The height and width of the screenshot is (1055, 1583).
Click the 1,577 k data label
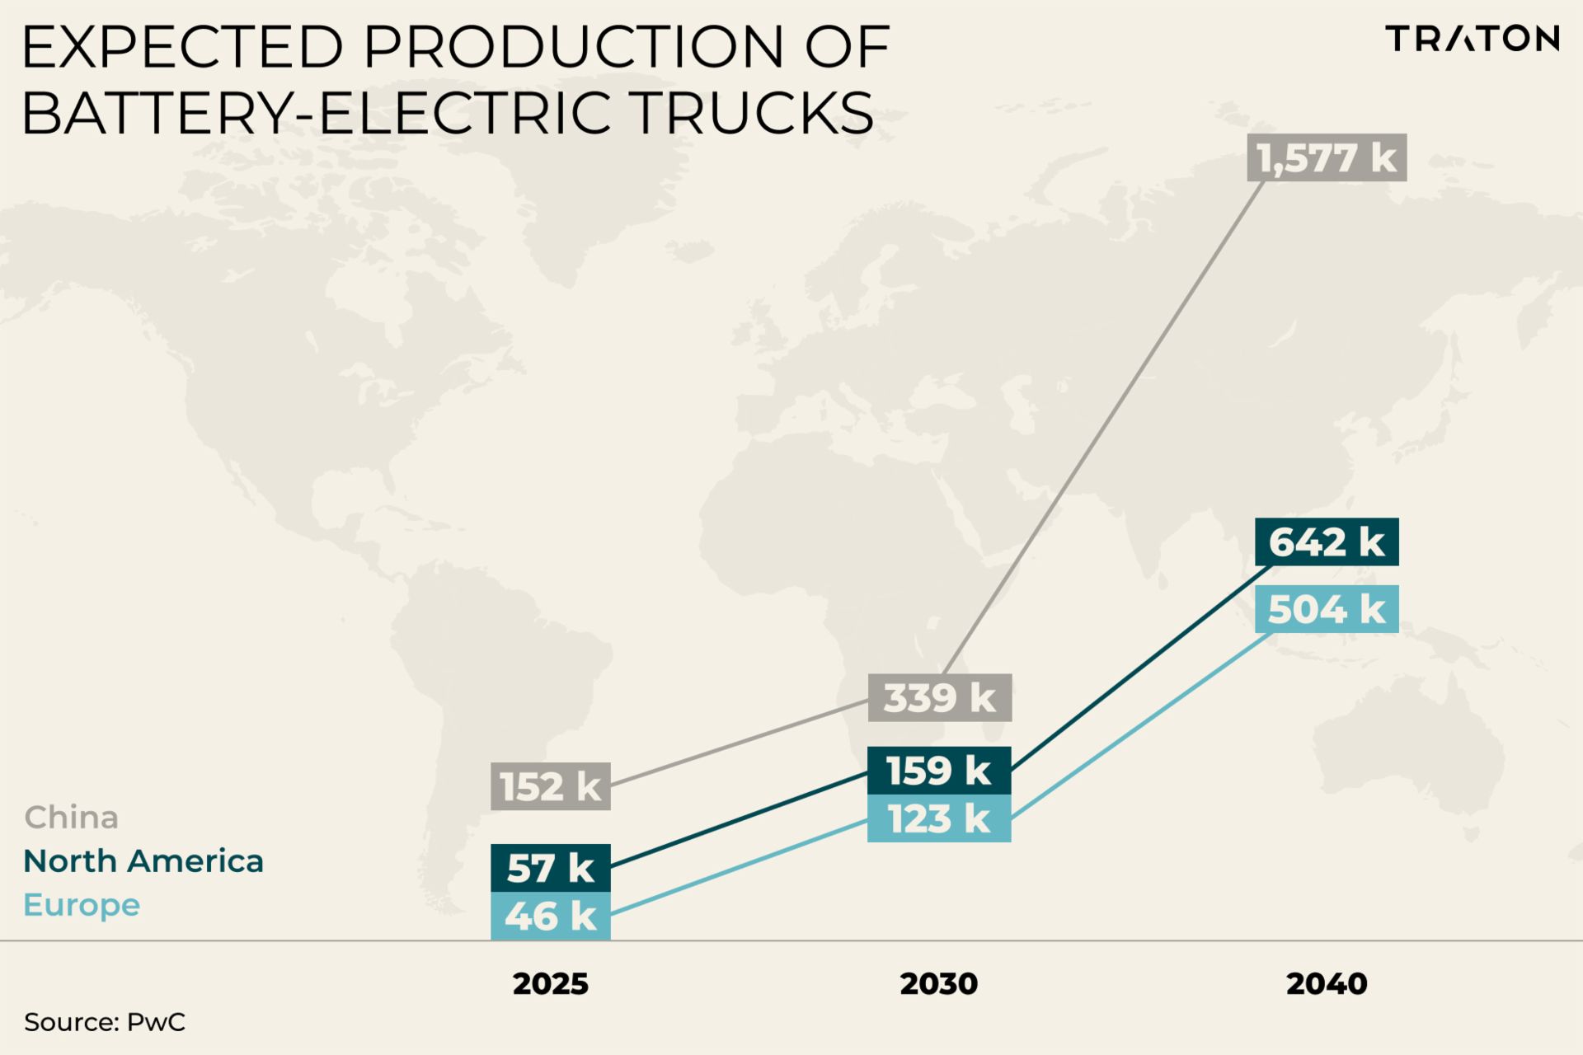tap(1327, 157)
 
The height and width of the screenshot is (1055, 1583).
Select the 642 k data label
tap(1327, 542)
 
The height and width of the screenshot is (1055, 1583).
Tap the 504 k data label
tap(1327, 609)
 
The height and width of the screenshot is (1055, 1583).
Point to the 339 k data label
tap(939, 698)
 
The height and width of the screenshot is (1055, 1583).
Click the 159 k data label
tap(939, 771)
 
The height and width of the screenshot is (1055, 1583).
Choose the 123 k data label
tap(939, 818)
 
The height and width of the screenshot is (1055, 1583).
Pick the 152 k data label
tap(551, 786)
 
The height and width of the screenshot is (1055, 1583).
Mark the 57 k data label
tap(551, 868)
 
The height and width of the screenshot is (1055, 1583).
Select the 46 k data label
tap(551, 916)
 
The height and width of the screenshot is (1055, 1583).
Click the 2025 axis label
tap(551, 983)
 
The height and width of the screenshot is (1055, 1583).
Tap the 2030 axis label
tap(939, 983)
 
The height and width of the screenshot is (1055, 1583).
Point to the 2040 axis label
tap(1327, 983)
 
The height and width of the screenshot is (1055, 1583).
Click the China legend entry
tap(72, 818)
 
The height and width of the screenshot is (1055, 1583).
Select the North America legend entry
tap(143, 861)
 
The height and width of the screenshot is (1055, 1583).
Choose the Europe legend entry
tap(82, 905)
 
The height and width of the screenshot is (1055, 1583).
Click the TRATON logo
tap(1473, 39)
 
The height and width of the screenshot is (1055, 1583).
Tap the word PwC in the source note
tap(156, 1022)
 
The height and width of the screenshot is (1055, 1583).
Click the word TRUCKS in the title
tap(753, 113)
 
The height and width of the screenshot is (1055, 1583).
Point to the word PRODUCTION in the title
tap(574, 47)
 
